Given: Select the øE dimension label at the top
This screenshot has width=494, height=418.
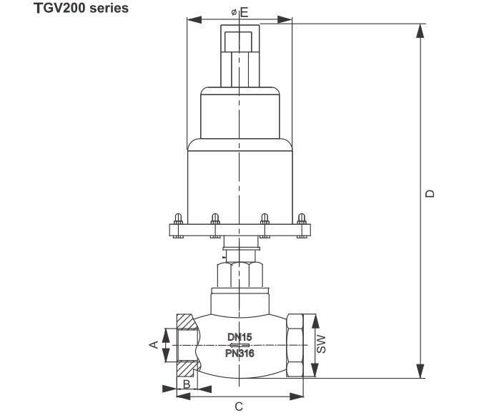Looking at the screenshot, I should (x=240, y=12).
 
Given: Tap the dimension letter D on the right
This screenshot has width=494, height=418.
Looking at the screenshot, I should (x=429, y=193).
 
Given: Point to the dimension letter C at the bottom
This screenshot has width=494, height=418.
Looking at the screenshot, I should (x=239, y=407).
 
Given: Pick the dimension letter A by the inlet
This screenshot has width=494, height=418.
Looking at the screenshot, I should (x=152, y=345).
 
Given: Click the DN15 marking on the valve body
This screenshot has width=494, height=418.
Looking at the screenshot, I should (x=240, y=336).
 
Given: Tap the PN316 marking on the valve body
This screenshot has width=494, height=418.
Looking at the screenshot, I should (x=240, y=353).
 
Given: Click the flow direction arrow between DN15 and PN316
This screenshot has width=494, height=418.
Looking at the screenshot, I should (x=239, y=345).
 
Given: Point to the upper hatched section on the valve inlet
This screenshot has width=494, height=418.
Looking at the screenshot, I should (x=184, y=324).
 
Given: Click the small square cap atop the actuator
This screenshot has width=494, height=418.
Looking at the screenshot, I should (x=239, y=39).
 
